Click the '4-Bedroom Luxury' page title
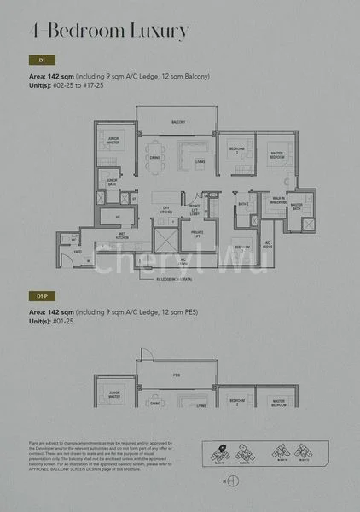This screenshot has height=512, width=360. coord(109,32)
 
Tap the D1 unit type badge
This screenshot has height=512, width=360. coord(39,61)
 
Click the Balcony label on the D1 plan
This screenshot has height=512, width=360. coord(178,122)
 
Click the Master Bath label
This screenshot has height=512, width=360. coord(298,205)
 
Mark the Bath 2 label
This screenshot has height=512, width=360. coord(243,205)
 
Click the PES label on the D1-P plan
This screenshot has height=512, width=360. coord(178,374)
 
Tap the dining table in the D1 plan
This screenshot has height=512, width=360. coord(154,147)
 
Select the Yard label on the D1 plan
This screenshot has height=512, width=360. coord(78,253)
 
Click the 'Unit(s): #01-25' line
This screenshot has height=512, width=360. coord(66,322)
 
